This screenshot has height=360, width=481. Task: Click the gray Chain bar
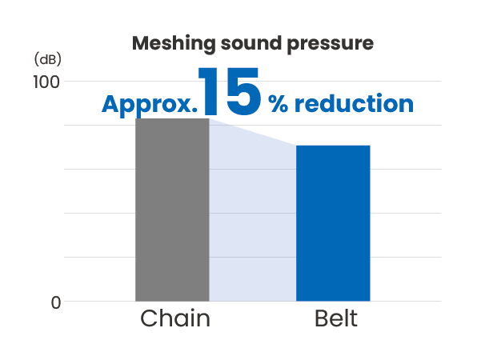click(172, 210)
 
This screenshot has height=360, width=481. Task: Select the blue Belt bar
click(333, 223)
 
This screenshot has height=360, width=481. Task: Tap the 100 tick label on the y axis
click(46, 82)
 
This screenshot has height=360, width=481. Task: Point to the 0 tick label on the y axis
click(56, 302)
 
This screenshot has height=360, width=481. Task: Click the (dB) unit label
click(48, 59)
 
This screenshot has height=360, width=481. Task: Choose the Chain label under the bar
click(175, 318)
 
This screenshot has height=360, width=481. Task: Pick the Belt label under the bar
click(336, 318)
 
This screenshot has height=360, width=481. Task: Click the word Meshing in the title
click(174, 44)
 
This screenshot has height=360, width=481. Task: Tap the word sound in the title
click(251, 43)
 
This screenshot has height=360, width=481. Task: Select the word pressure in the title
click(331, 45)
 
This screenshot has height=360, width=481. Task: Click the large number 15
click(230, 91)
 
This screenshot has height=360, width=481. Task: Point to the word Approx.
click(150, 105)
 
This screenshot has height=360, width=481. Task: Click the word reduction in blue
click(354, 103)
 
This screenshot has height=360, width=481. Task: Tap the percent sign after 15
click(279, 104)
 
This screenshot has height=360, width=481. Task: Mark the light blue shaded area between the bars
click(252, 214)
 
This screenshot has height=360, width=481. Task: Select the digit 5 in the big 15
click(243, 91)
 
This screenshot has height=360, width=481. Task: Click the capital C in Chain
click(150, 318)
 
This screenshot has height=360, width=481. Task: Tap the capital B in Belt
click(322, 318)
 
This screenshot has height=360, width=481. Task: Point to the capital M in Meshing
click(142, 43)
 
